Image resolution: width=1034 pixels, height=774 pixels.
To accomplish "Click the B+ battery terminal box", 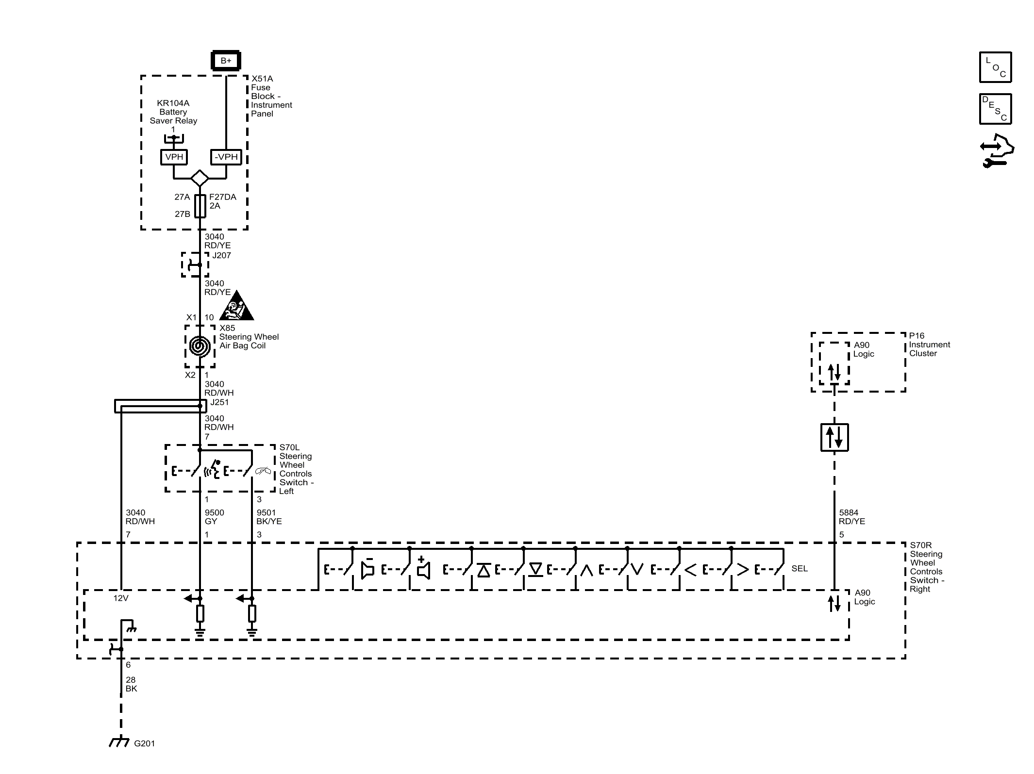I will coord(226,61).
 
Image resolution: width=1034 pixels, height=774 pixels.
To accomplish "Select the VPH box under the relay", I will coord(174,157).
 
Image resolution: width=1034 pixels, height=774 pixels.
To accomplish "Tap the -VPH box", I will coord(226,157).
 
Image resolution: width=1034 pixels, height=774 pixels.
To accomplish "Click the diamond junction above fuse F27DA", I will coord(200,178).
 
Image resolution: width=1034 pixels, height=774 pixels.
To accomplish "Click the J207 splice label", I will coord(221,255).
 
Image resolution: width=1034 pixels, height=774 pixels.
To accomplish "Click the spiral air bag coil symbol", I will coord(200,346).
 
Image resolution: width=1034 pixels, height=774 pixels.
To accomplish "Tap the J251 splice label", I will coord(219,402).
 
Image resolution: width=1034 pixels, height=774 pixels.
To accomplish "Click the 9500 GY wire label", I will coord(214,517).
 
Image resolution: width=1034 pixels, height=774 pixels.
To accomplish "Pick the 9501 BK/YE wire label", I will coord(268,517).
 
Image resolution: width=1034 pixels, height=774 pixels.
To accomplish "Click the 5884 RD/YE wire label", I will coord(851,517).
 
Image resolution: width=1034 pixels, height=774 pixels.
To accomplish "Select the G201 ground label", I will coord(144,743).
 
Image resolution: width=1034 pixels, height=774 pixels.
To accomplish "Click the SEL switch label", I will coord(799,569).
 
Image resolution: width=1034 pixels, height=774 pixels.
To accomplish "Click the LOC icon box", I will coord(995,67).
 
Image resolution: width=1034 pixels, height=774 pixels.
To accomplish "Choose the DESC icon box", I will coord(995,109).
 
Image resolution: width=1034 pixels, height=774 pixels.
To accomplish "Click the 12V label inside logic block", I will coord(121,598).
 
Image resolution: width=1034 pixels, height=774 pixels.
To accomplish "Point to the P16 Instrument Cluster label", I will coord(929,345).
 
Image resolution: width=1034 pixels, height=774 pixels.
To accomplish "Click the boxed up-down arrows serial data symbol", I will coord(834,437).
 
